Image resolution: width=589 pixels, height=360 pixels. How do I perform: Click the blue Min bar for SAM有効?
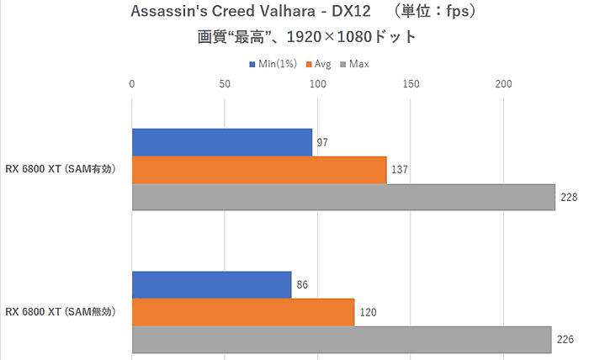click(222, 142)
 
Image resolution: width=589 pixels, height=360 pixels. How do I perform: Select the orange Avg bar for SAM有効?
click(259, 170)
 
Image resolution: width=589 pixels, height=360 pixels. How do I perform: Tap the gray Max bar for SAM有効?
click(343, 197)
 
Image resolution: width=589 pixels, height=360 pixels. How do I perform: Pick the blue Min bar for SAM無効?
click(212, 284)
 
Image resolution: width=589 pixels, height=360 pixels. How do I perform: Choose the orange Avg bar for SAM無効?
click(243, 312)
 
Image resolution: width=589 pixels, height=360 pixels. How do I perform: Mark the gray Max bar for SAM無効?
click(342, 339)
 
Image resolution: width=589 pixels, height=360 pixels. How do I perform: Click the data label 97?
click(321, 143)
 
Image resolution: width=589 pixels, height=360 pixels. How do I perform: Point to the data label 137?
click(400, 170)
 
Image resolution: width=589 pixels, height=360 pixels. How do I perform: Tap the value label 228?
click(568, 198)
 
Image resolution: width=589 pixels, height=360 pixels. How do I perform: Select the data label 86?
click(301, 285)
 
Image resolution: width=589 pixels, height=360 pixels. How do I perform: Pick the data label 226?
click(565, 340)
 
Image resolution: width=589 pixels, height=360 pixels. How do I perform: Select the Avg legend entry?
click(323, 64)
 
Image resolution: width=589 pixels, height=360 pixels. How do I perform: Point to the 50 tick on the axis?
click(225, 84)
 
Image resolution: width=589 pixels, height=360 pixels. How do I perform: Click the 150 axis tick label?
click(411, 84)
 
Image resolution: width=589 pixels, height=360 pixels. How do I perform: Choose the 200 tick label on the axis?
click(503, 84)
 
